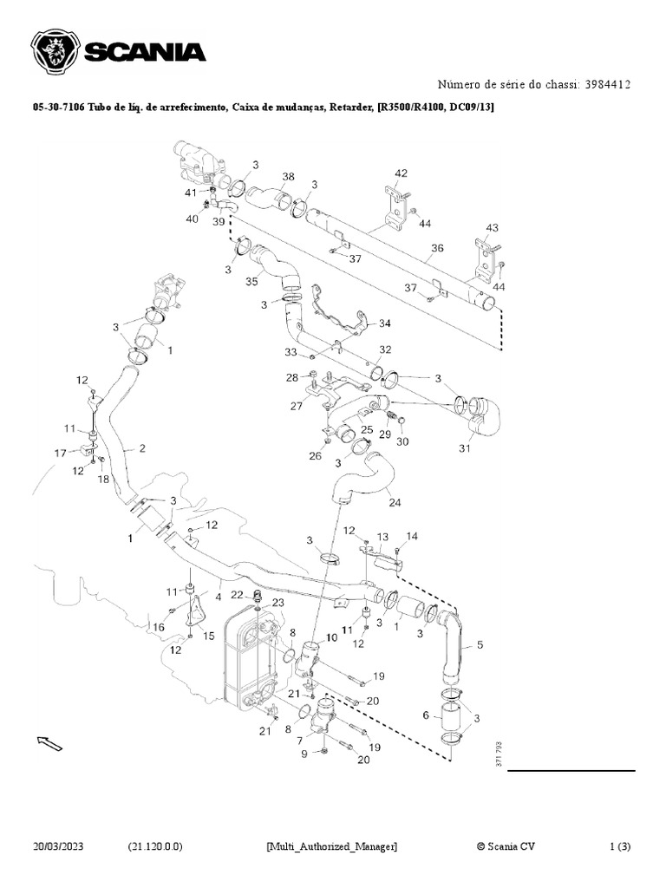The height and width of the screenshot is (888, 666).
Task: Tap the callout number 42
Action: (401, 173)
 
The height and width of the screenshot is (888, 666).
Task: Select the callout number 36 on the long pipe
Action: (438, 248)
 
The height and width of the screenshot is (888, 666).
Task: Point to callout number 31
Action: (465, 448)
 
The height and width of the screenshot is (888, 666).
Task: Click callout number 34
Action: (385, 323)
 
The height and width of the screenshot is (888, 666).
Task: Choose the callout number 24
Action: (395, 502)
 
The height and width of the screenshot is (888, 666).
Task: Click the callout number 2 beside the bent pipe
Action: (141, 448)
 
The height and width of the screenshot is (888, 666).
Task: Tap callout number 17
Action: (61, 453)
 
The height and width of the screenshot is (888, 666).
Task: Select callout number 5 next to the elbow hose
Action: (480, 646)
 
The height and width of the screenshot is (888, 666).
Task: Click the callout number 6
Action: (425, 715)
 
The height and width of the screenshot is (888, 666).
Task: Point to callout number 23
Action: (277, 603)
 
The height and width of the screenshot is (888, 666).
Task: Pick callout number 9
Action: (304, 754)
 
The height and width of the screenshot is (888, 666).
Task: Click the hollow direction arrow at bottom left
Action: (49, 742)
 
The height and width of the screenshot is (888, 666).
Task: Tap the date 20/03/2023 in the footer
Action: (64, 846)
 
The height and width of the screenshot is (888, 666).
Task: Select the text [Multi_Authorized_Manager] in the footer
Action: (332, 846)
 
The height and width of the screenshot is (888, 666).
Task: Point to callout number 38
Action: (288, 176)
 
